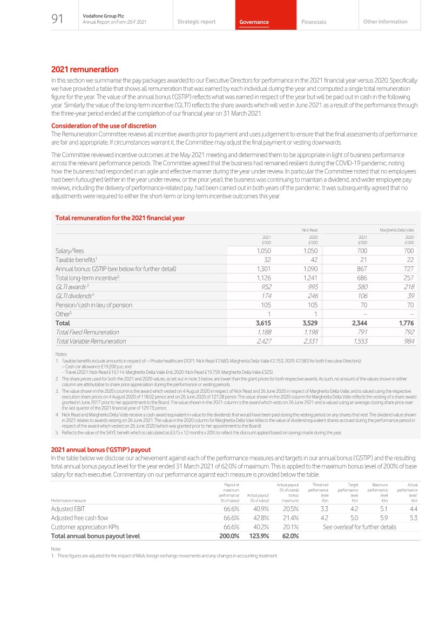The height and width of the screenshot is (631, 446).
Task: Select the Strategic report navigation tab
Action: [196, 22]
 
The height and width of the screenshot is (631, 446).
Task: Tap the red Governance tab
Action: [254, 22]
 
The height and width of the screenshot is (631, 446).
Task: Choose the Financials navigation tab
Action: [314, 22]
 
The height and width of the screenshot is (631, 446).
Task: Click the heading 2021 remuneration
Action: [85, 70]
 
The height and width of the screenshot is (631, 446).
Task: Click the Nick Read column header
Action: [309, 230]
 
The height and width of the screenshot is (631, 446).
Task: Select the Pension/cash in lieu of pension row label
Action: [93, 305]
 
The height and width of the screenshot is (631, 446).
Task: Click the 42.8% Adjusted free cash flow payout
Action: [261, 518]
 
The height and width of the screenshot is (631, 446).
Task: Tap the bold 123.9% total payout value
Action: [260, 536]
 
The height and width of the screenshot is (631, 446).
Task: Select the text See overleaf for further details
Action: [359, 527]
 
